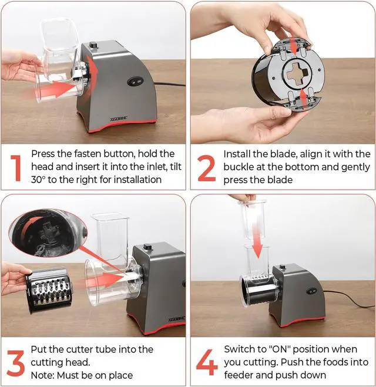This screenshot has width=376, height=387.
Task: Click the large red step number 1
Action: point(16,168)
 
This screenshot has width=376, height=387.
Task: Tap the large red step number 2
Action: point(206,168)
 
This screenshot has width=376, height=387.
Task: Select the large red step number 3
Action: point(15,363)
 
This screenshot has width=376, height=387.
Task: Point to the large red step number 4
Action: point(207,362)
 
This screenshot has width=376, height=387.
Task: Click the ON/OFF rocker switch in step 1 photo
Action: point(135,82)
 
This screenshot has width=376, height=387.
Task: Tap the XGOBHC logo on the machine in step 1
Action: point(119,119)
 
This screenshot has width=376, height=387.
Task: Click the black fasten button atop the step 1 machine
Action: point(93,45)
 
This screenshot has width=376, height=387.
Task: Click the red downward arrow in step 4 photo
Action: point(257,235)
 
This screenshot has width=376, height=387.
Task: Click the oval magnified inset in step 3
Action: point(48,233)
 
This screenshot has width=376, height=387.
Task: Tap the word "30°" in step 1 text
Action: point(39,180)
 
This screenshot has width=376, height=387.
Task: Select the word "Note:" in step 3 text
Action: point(42,375)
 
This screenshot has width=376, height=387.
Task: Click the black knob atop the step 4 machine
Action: point(282,267)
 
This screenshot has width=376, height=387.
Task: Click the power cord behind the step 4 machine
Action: point(350,299)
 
